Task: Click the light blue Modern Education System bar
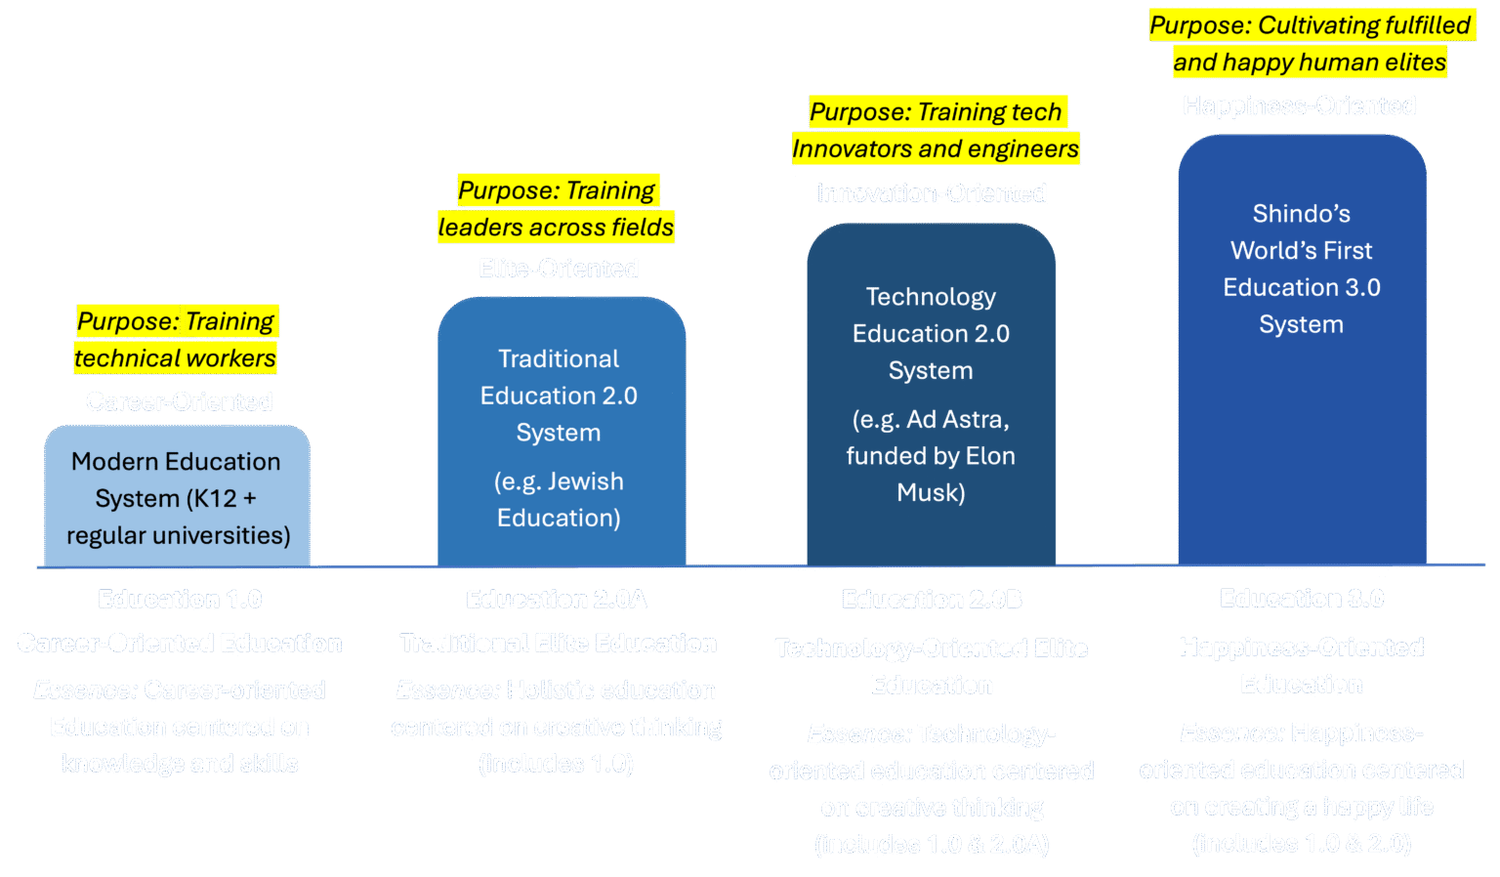[177, 496]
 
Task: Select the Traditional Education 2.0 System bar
[562, 435]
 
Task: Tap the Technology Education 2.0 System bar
[931, 396]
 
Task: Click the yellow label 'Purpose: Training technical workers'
[177, 340]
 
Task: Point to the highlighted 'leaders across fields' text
[556, 228]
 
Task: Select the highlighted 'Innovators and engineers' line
[936, 149]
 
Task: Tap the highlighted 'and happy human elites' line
[1310, 63]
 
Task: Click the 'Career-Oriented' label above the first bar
[179, 401]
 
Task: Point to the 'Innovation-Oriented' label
[932, 193]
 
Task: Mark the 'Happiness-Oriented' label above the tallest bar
[1299, 105]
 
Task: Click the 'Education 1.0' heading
[180, 599]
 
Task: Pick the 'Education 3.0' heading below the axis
[1302, 598]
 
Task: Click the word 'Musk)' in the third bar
[931, 492]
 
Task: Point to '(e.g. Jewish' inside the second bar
[559, 481]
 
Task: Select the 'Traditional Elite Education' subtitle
[558, 644]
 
